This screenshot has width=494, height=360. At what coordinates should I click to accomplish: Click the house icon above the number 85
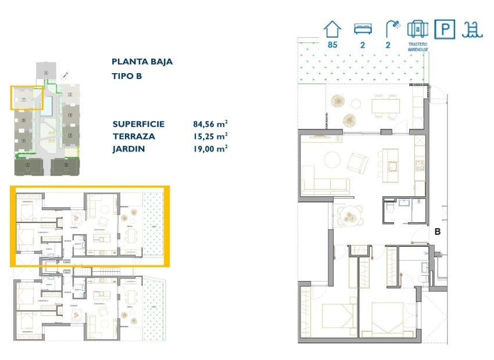pyautogui.click(x=333, y=28)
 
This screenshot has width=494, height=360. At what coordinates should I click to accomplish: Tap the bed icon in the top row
pyautogui.click(x=363, y=29)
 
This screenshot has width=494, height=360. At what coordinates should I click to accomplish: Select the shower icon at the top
pyautogui.click(x=393, y=28)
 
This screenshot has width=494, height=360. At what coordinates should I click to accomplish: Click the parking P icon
pyautogui.click(x=442, y=29)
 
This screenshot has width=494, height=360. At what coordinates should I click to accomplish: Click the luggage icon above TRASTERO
pyautogui.click(x=417, y=29)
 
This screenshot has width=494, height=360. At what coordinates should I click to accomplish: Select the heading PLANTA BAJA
pyautogui.click(x=142, y=62)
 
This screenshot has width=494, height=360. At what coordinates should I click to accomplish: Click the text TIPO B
pyautogui.click(x=127, y=76)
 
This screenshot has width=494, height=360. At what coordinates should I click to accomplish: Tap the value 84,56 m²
pyautogui.click(x=210, y=124)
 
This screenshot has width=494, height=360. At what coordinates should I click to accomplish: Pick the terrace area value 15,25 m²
pyautogui.click(x=210, y=136)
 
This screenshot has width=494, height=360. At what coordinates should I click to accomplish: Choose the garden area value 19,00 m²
pyautogui.click(x=210, y=148)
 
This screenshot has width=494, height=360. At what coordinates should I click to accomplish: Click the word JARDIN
pyautogui.click(x=128, y=148)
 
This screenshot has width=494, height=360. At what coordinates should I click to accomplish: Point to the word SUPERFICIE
pyautogui.click(x=138, y=124)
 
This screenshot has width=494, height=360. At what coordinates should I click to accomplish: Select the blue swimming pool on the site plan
pyautogui.click(x=51, y=105)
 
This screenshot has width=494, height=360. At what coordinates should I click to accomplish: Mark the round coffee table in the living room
pyautogui.click(x=333, y=159)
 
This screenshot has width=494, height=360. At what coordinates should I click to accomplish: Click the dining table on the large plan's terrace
pyautogui.click(x=385, y=105)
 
